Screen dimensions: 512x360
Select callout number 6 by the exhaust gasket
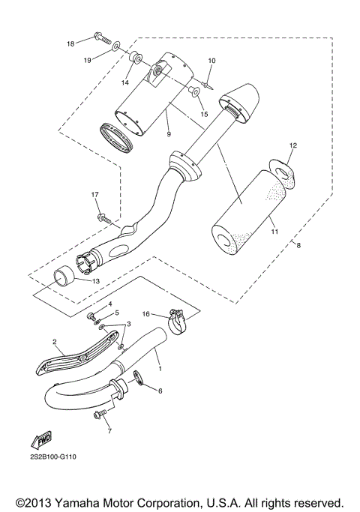pos(158,391)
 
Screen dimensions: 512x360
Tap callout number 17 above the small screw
pos(95,196)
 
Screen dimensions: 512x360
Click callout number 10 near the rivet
pos(211,60)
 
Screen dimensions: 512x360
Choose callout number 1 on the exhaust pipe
pos(158,361)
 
